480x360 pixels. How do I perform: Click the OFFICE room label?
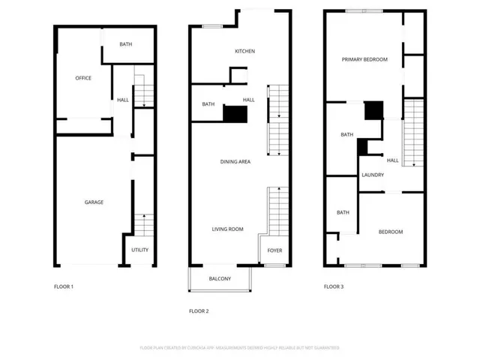pos(82,78)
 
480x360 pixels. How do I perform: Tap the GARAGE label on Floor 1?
pos(94,202)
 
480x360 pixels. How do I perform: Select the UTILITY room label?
pos(139,250)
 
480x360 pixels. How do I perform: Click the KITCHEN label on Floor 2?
pos(245,51)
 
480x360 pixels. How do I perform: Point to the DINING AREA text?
pos(235,162)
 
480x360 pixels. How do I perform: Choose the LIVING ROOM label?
pos(227,229)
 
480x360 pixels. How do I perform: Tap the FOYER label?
pos(274,250)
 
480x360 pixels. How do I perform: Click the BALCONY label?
pos(220,279)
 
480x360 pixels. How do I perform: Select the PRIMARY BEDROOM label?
pos(364,59)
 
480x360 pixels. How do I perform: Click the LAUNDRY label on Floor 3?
pos(373,175)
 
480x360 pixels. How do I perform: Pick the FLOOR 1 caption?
pos(64,286)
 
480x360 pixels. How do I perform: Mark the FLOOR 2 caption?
pos(198,310)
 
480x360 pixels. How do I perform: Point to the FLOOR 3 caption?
pos(334,286)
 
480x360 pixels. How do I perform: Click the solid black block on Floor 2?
pos(235,114)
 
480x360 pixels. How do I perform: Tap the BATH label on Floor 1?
pos(126,44)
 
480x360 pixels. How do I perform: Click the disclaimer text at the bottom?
pos(239,348)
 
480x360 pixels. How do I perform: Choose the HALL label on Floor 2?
pos(248,100)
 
